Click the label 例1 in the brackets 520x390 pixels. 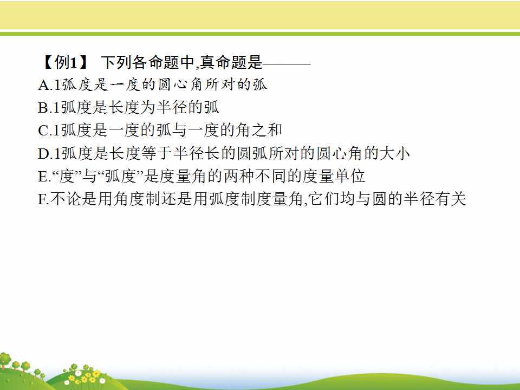point(66,62)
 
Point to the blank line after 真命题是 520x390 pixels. point(287,63)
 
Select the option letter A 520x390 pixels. point(44,85)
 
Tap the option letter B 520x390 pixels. point(43,108)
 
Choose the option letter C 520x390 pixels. point(43,131)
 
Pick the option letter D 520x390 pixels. point(44,153)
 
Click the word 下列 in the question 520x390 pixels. point(116,62)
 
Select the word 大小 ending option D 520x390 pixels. point(395,153)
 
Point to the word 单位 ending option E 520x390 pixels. point(350,175)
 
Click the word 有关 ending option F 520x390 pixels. point(451,199)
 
